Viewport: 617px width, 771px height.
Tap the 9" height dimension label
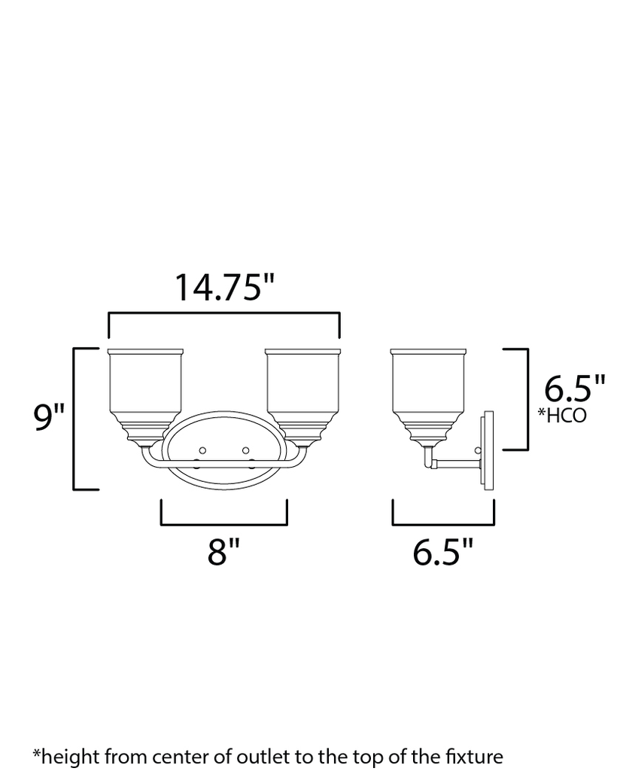[50, 419]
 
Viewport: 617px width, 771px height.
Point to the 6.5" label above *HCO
[575, 389]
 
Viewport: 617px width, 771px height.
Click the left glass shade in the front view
[146, 388]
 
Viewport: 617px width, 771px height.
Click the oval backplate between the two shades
[223, 452]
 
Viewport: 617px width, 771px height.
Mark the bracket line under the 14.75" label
[224, 313]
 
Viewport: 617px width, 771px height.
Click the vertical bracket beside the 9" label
[74, 419]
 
